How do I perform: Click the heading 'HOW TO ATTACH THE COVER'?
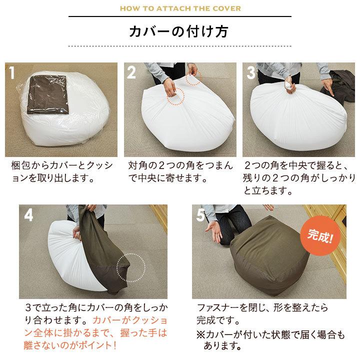point(179,8)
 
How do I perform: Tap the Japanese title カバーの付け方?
point(179,31)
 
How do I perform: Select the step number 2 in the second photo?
point(131,73)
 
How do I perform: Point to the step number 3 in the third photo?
point(251,73)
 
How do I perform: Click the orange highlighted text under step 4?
point(100,332)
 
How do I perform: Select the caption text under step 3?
point(299,177)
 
